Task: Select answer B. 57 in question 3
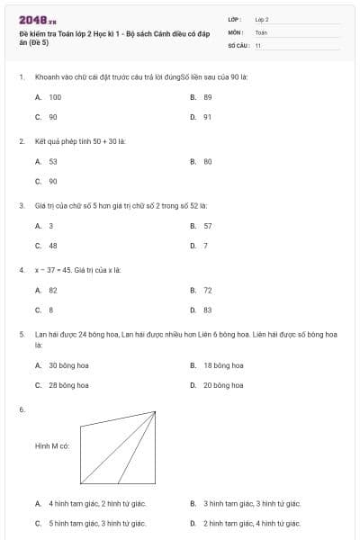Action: pyautogui.click(x=207, y=225)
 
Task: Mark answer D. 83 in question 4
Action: pyautogui.click(x=207, y=310)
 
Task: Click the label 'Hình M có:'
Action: pyautogui.click(x=52, y=445)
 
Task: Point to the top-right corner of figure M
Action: pyautogui.click(x=156, y=412)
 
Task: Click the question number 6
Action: pyautogui.click(x=22, y=409)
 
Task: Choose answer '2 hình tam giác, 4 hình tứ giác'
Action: pyautogui.click(x=252, y=522)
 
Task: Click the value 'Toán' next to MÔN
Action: pyautogui.click(x=261, y=31)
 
